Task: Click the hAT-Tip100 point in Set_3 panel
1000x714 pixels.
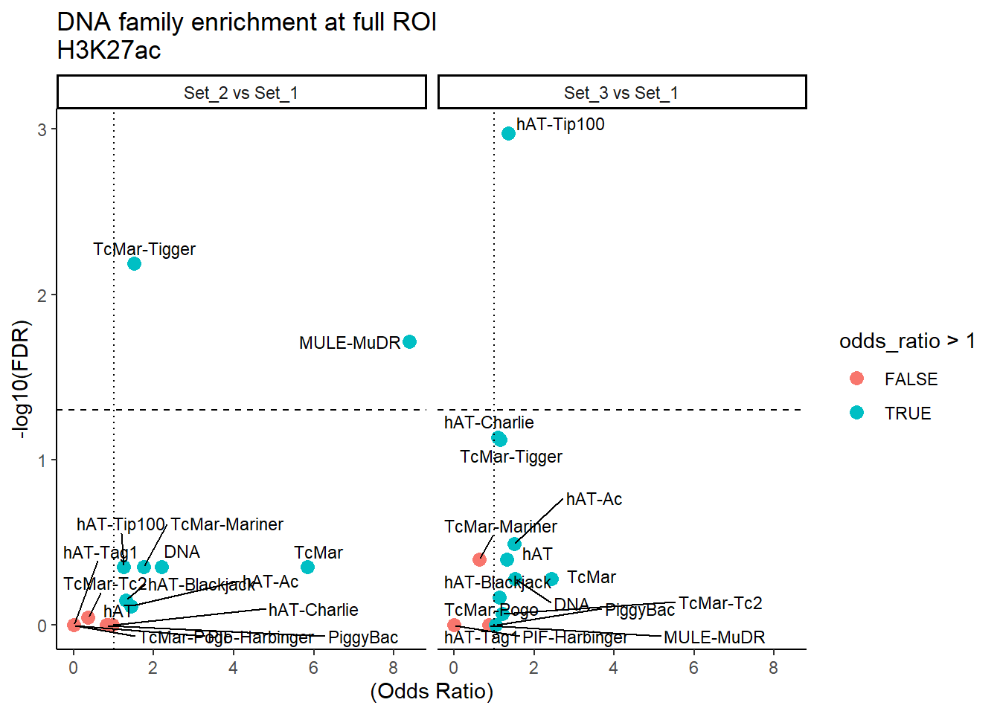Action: pyautogui.click(x=508, y=133)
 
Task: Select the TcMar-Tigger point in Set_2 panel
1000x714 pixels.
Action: pyautogui.click(x=134, y=263)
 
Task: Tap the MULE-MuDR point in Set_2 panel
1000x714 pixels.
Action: pyautogui.click(x=409, y=341)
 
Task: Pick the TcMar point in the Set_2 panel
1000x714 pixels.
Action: pyautogui.click(x=307, y=567)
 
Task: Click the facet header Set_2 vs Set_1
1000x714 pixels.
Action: pyautogui.click(x=241, y=92)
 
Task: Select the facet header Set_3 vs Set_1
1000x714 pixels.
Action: pyautogui.click(x=621, y=92)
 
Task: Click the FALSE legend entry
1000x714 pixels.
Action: pyautogui.click(x=911, y=379)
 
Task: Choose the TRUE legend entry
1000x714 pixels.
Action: pyautogui.click(x=908, y=414)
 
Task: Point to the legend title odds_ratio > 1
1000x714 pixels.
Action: pyautogui.click(x=906, y=341)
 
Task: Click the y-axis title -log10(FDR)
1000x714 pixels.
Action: pyautogui.click(x=22, y=379)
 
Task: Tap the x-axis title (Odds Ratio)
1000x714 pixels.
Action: pyautogui.click(x=432, y=691)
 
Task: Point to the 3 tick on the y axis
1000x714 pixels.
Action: pyautogui.click(x=42, y=129)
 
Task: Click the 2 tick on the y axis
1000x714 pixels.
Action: pyautogui.click(x=42, y=295)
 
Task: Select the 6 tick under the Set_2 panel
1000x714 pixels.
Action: pyautogui.click(x=313, y=668)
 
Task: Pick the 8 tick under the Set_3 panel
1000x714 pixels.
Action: pyautogui.click(x=773, y=668)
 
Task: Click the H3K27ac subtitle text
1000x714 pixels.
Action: pyautogui.click(x=109, y=50)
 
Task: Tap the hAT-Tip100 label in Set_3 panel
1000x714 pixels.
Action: pyautogui.click(x=560, y=124)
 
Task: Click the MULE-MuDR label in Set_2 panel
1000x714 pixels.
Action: pyautogui.click(x=350, y=343)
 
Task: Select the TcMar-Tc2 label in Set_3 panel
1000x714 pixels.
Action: pyautogui.click(x=720, y=603)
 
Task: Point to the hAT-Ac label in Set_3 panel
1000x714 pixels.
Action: pyautogui.click(x=594, y=499)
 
